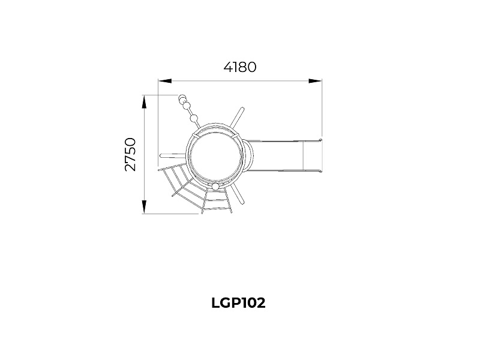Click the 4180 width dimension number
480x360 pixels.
pos(239,67)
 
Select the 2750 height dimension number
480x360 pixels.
pos(130,155)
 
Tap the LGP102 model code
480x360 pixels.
pos(238,303)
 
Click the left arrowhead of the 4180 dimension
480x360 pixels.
pos(164,81)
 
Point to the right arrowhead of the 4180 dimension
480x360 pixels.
pos(315,81)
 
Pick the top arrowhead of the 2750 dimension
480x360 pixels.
pos(144,102)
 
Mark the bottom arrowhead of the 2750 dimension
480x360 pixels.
pos(144,207)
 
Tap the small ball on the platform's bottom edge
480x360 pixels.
pos(216,187)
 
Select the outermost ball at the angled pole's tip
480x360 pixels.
pos(182,98)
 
